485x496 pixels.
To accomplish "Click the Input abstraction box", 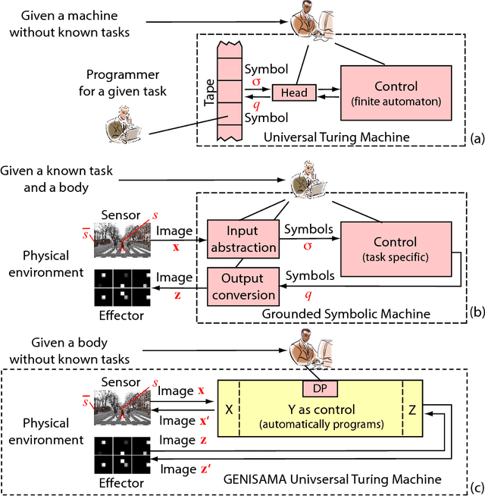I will [242, 237].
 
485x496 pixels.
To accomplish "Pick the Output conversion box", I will [242, 286].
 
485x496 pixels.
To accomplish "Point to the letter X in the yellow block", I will [228, 409].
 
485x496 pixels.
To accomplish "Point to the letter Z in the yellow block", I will [412, 409].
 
